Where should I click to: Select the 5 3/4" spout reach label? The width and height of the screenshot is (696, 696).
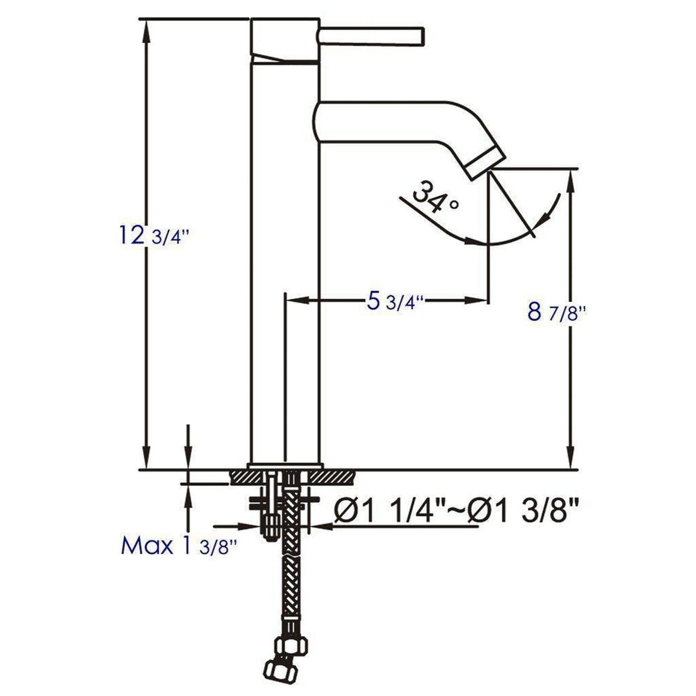(395, 302)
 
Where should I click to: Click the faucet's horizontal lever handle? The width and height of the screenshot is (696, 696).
(371, 37)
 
